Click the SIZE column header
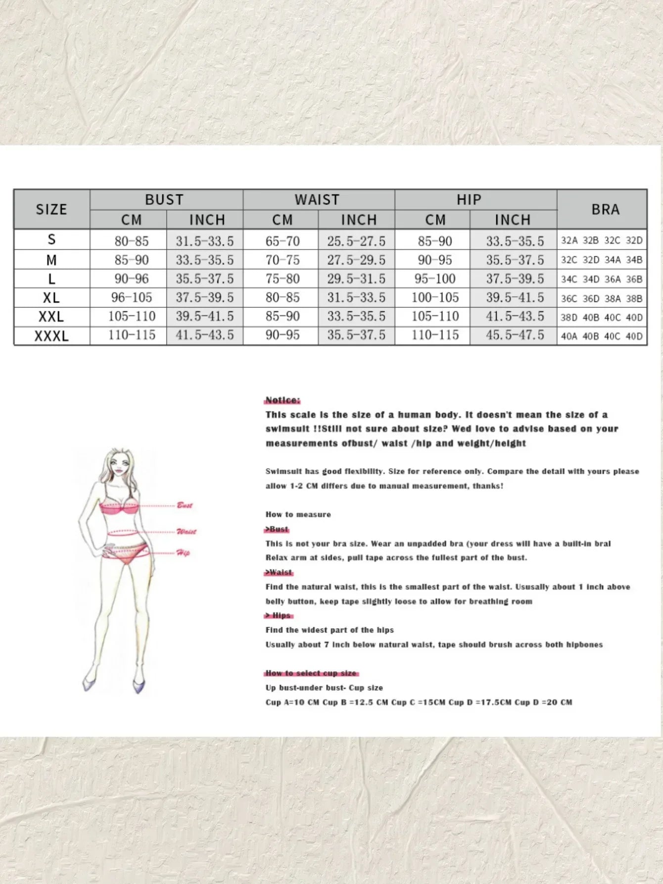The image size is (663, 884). tap(51, 209)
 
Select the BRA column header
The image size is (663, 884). tap(605, 209)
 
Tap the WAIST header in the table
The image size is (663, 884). tap(317, 199)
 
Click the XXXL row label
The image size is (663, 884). tap(51, 336)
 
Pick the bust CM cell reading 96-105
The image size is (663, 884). tap(132, 297)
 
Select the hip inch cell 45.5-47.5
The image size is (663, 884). tap(515, 335)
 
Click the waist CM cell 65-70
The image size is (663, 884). tap(283, 241)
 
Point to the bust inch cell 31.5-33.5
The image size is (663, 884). tap(205, 241)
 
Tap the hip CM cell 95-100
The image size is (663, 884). tap(435, 279)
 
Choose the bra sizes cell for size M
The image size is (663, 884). tap(602, 260)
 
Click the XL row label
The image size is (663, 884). tap(51, 297)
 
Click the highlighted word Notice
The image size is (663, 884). tap(283, 400)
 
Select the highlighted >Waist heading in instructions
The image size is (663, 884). tap(279, 572)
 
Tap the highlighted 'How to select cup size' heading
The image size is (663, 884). tap(311, 673)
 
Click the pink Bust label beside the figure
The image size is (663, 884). tap(185, 505)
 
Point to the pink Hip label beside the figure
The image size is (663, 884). tap(183, 553)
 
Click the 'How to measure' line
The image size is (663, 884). tap(298, 515)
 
